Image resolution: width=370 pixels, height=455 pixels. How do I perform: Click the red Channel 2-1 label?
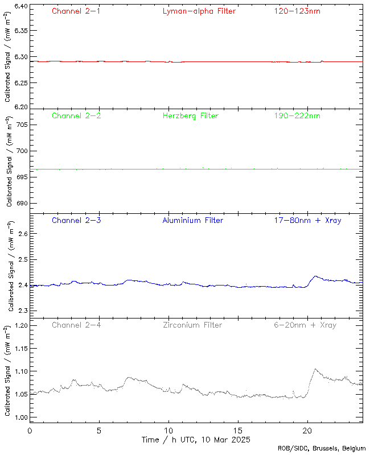[76, 11]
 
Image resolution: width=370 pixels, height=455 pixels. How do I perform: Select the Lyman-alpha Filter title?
[199, 11]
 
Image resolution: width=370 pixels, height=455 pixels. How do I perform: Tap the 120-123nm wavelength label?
[297, 11]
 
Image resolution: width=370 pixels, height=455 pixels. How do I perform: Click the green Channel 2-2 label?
[76, 116]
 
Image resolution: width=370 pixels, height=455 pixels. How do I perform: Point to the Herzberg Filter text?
[191, 116]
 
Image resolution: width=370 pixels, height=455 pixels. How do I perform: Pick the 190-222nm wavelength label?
[297, 116]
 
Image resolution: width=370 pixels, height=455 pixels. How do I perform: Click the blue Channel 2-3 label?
[76, 220]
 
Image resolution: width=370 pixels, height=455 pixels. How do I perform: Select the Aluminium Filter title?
[192, 220]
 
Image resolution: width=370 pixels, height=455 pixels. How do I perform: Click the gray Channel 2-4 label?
[76, 325]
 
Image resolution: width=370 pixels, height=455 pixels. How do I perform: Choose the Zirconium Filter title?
[192, 325]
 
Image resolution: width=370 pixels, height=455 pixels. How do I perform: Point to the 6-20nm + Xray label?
[305, 325]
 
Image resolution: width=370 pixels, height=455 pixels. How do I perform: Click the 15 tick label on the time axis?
[238, 431]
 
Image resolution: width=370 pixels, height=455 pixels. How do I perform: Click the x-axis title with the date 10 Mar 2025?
[196, 440]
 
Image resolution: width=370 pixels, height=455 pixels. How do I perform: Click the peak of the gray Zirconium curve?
[315, 369]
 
